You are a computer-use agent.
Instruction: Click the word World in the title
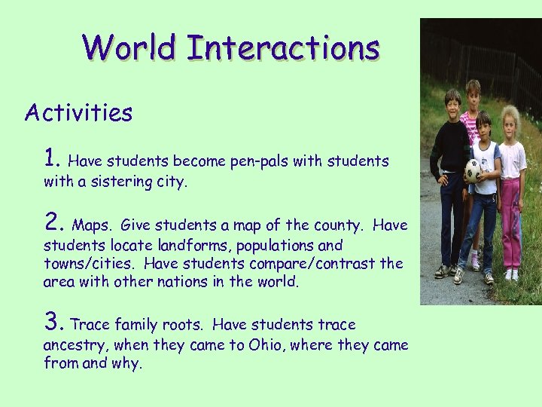[130, 47]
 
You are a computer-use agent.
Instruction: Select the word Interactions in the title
[283, 47]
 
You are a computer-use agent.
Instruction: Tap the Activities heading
[78, 113]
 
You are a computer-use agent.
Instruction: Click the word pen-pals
[252, 161]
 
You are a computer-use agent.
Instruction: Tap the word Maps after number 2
[93, 225]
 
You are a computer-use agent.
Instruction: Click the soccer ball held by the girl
[473, 170]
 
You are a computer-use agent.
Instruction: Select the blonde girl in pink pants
[511, 188]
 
